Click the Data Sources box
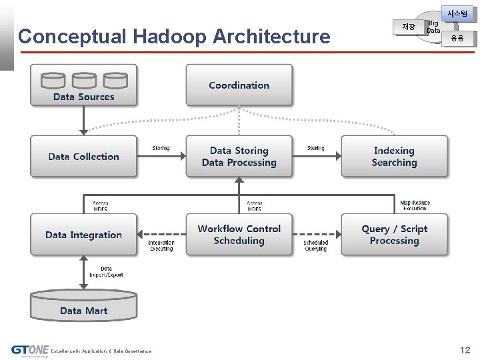[83, 85]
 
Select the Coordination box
[239, 85]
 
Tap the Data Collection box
[83, 157]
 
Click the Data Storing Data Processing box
[239, 157]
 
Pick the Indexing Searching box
[394, 157]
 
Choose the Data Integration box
[83, 235]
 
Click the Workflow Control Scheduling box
[239, 235]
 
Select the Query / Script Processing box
[394, 235]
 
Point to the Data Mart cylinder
[83, 306]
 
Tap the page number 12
[465, 350]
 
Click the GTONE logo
[30, 350]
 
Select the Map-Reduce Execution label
[415, 205]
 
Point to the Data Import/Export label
[106, 272]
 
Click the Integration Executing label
[161, 245]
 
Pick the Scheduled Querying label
[316, 245]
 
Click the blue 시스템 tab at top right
[458, 13]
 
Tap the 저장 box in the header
[409, 27]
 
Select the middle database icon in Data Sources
[84, 81]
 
